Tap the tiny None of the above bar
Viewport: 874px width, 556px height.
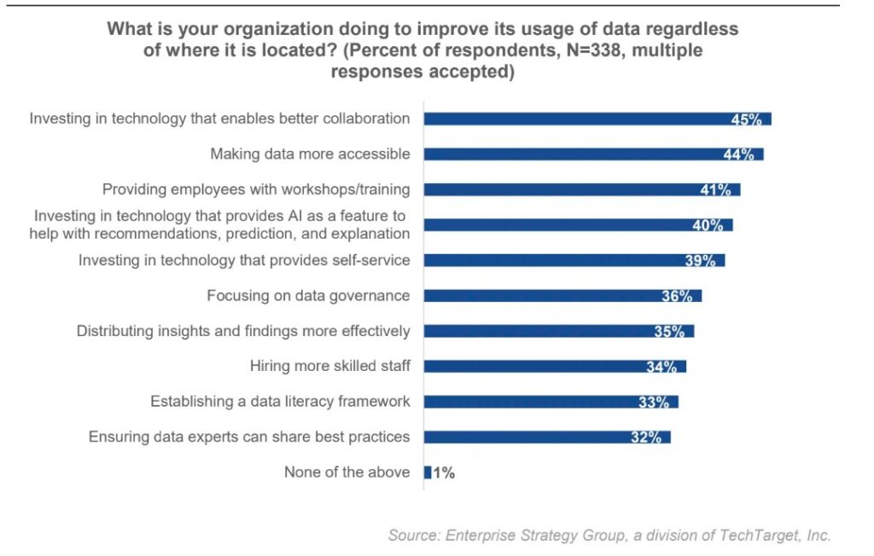tap(428, 472)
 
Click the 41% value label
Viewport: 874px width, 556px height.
tap(715, 190)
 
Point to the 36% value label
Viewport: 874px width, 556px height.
tap(677, 296)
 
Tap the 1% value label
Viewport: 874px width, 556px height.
tap(444, 473)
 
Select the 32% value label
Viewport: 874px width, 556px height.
tap(646, 437)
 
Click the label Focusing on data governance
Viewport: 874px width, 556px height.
tap(308, 295)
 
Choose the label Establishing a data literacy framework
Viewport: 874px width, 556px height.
tap(280, 401)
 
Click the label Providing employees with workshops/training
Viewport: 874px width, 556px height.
tap(256, 189)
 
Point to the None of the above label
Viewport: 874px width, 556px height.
tap(347, 472)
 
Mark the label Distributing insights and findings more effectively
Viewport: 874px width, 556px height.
tap(243, 331)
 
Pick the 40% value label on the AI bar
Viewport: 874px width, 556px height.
tap(708, 225)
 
